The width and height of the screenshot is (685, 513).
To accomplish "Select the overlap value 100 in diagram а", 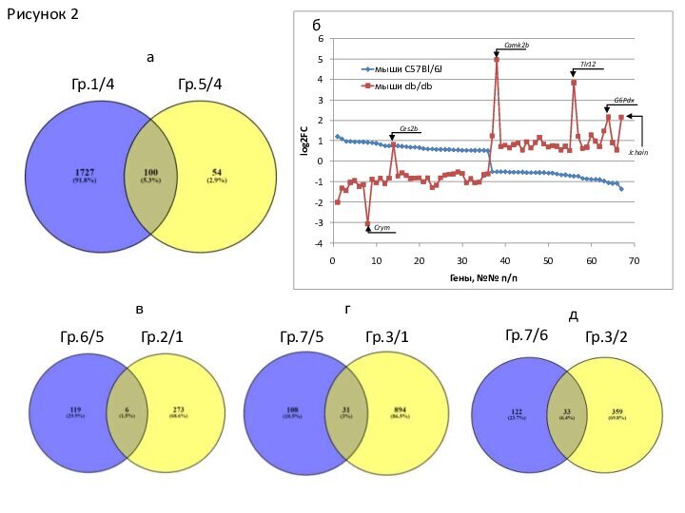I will click(151, 172).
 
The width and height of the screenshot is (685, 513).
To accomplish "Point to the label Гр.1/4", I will click(93, 85).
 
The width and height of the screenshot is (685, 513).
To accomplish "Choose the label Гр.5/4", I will click(201, 85).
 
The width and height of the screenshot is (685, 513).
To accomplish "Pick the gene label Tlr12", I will click(588, 65).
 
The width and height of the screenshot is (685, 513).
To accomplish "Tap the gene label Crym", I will click(382, 228).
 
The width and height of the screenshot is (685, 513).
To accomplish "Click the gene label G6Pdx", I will click(624, 100).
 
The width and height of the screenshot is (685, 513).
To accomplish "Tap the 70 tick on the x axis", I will click(635, 259).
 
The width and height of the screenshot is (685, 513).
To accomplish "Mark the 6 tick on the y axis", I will click(322, 40).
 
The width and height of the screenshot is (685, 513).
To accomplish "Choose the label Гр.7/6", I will click(526, 334).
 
